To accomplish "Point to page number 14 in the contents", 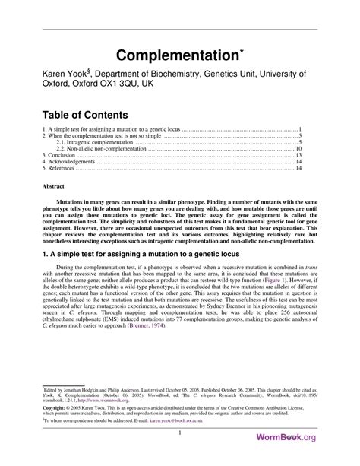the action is click(x=299, y=169).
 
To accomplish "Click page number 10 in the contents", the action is click(x=299, y=148).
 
